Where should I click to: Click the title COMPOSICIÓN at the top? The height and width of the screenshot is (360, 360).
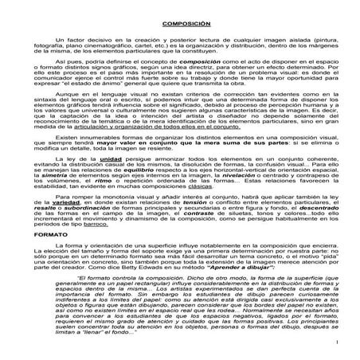click(x=180, y=25)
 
